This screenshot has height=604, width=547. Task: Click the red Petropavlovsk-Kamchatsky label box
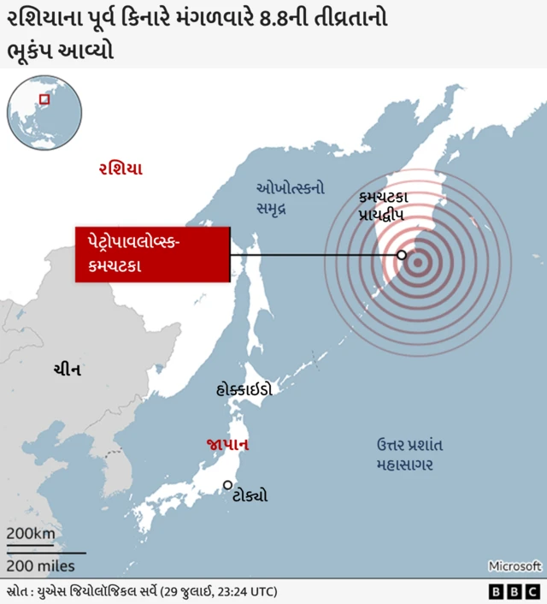(x=152, y=254)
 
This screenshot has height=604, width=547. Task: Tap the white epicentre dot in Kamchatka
(x=401, y=254)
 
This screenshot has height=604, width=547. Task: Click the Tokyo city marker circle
(x=228, y=485)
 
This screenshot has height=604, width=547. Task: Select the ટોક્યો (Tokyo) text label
(x=250, y=495)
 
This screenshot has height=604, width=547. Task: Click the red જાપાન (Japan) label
(x=227, y=445)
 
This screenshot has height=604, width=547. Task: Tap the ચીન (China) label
(x=67, y=369)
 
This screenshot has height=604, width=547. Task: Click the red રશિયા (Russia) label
(x=121, y=169)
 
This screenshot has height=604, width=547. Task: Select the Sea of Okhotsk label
(x=291, y=198)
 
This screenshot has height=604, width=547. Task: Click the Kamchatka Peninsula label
(x=389, y=206)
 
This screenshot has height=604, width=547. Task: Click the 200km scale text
(x=31, y=534)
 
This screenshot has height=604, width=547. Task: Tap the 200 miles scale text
(x=40, y=566)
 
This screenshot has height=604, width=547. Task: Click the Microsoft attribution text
(x=515, y=566)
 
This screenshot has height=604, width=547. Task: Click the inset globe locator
(x=44, y=112)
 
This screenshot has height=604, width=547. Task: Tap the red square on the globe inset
(x=44, y=99)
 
